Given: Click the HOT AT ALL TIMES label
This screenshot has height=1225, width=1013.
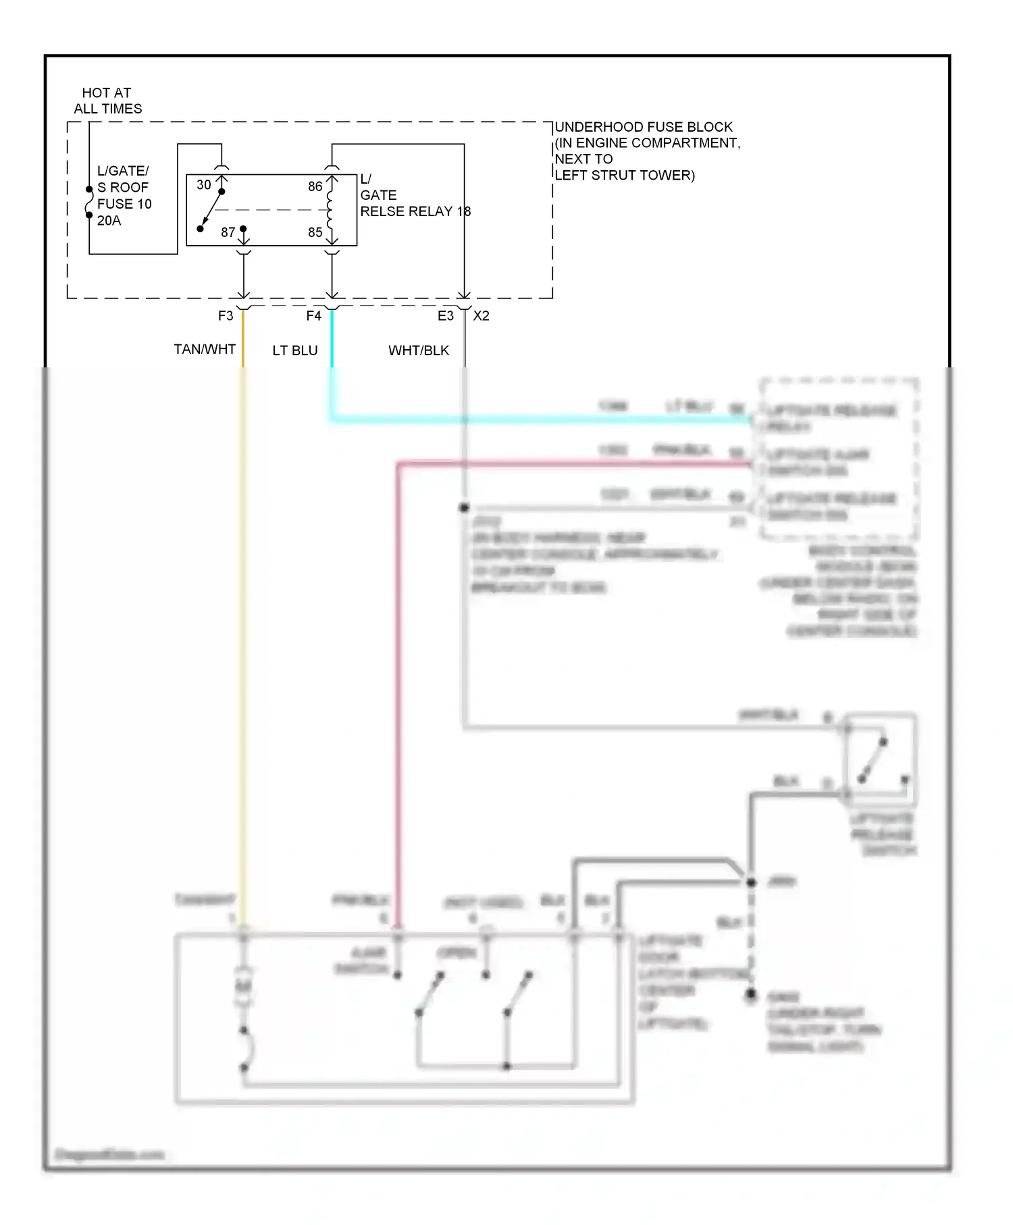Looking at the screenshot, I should click(107, 101).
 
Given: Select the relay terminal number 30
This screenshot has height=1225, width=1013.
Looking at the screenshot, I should click(204, 184).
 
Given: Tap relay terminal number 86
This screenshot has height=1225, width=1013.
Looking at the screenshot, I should click(315, 186).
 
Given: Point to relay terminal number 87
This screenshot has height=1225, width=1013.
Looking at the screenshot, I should click(228, 232).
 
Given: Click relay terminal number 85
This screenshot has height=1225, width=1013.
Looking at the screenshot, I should click(315, 232).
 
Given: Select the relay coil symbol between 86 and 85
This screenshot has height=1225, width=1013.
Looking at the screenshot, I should click(330, 209).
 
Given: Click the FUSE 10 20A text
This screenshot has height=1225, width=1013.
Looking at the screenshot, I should click(124, 212).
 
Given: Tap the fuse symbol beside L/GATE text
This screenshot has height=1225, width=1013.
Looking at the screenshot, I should click(89, 202).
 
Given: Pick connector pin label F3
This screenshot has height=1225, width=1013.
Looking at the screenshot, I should click(226, 316).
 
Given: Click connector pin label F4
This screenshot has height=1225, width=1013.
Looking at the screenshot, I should click(313, 316).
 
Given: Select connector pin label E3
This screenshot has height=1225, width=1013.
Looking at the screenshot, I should click(446, 316).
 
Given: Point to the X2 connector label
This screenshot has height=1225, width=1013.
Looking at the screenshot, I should click(482, 316).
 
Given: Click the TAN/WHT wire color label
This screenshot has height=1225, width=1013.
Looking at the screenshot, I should click(205, 349).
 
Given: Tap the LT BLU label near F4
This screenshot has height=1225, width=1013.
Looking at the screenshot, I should click(295, 350).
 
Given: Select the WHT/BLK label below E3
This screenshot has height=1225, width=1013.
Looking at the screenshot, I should click(419, 350).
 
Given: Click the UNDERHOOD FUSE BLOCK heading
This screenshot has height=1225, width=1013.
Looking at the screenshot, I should click(644, 127).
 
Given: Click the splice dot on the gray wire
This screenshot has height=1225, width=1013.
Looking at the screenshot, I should click(465, 508).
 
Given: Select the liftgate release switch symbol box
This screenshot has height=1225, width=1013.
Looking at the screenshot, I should click(881, 759).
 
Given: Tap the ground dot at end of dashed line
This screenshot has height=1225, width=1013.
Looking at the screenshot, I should click(750, 995).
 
